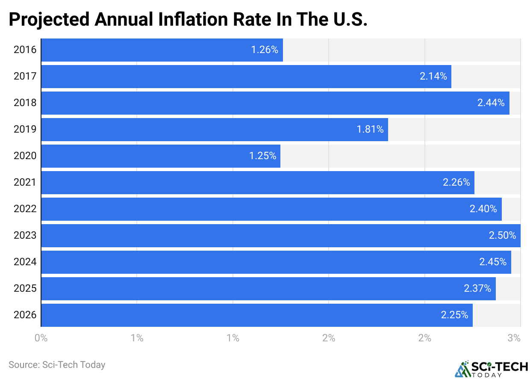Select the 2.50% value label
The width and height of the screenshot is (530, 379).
point(502,236)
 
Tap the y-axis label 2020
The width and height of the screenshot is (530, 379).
point(25,156)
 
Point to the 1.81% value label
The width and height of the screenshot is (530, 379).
point(370,130)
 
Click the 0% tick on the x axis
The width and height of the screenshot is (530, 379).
point(41,338)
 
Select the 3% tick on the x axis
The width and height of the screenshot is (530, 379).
point(514,338)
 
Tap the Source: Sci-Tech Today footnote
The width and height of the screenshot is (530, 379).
point(57,365)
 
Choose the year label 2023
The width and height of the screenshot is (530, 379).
point(25,236)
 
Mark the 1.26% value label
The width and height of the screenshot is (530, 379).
point(265,50)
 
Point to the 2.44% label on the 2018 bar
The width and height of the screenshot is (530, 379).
point(491,103)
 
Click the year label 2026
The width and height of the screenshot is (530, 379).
point(25,315)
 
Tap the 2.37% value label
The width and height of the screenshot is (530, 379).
point(477,289)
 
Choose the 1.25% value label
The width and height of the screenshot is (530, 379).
point(263,156)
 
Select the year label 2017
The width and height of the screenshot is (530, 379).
point(25,77)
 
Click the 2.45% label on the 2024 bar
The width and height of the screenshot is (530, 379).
point(492,262)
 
